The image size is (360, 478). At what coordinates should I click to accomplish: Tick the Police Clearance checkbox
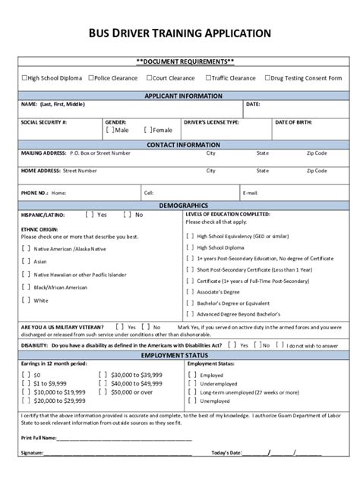coord(90,77)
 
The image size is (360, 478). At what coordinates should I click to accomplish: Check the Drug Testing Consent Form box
coord(267,77)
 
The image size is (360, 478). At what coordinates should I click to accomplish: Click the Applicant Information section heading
coord(179,96)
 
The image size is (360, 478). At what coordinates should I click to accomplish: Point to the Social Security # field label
coord(44,121)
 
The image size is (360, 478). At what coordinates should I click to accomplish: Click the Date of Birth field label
coord(292,121)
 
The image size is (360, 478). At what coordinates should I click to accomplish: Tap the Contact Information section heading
coord(179,144)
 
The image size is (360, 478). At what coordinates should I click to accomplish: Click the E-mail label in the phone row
coord(250,193)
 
